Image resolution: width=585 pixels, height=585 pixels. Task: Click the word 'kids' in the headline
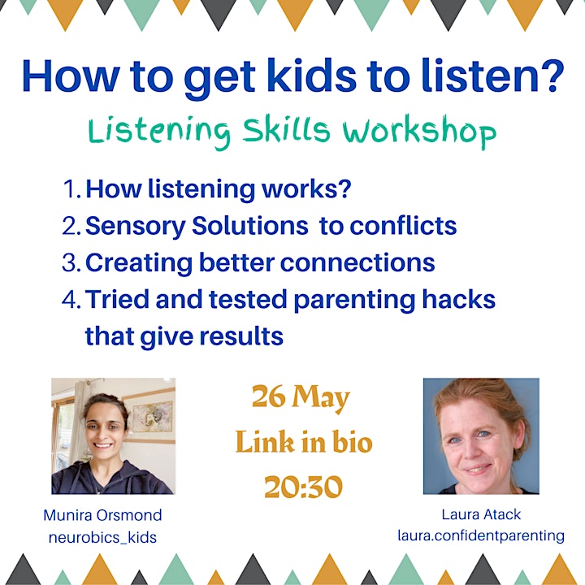[311, 76]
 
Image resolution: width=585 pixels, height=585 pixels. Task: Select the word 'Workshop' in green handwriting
[419, 132]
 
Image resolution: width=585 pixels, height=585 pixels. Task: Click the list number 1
[71, 188]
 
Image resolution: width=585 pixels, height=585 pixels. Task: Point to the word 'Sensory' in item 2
[136, 227]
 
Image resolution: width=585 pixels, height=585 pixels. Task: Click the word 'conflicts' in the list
[403, 225]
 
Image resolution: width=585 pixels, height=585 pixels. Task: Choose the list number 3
[71, 262]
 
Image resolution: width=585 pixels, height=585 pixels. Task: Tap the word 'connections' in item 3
[357, 262]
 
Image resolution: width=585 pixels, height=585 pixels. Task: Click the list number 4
[71, 299]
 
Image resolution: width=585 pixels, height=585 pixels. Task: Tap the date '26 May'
[301, 397]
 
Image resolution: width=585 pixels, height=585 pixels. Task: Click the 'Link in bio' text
[304, 442]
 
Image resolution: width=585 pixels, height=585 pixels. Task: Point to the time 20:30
[303, 487]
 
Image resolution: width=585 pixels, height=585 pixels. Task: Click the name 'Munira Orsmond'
[102, 515]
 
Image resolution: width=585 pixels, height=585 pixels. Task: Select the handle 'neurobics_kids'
[102, 538]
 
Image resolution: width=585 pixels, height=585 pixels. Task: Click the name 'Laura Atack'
[481, 514]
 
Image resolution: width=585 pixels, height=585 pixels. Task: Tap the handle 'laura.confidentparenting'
[481, 536]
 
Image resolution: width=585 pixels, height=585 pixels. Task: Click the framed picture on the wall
[152, 417]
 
